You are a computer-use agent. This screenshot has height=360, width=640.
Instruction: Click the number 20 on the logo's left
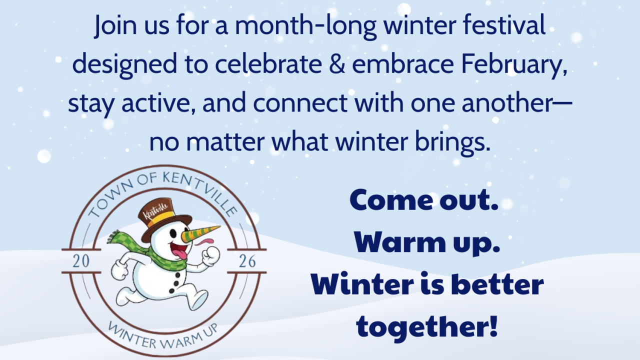point(81,261)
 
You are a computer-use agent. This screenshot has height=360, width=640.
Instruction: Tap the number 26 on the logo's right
point(247,261)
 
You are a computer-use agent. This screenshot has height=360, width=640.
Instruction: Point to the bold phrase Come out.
point(424,200)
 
